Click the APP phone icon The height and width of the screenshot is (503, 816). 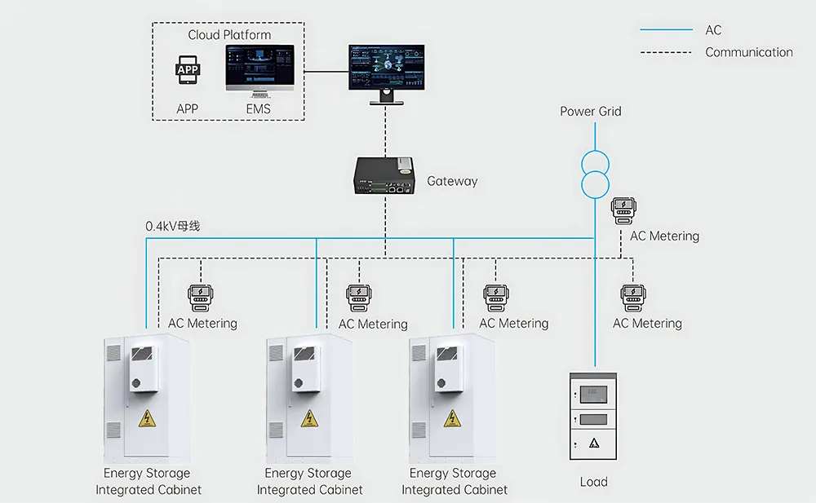188,72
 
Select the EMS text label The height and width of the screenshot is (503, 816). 258,108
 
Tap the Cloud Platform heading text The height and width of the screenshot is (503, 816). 229,35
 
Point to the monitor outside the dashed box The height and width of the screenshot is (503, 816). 387,68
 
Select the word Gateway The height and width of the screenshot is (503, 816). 452,181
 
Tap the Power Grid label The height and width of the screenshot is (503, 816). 590,111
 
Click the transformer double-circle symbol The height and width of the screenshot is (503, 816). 595,172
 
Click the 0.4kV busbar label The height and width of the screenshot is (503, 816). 173,226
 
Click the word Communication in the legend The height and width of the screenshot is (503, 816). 748,52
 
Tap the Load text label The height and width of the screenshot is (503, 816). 593,482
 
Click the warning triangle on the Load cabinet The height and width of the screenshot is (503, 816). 593,443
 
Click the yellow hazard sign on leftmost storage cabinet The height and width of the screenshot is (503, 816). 147,419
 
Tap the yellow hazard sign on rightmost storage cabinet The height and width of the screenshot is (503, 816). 451,419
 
